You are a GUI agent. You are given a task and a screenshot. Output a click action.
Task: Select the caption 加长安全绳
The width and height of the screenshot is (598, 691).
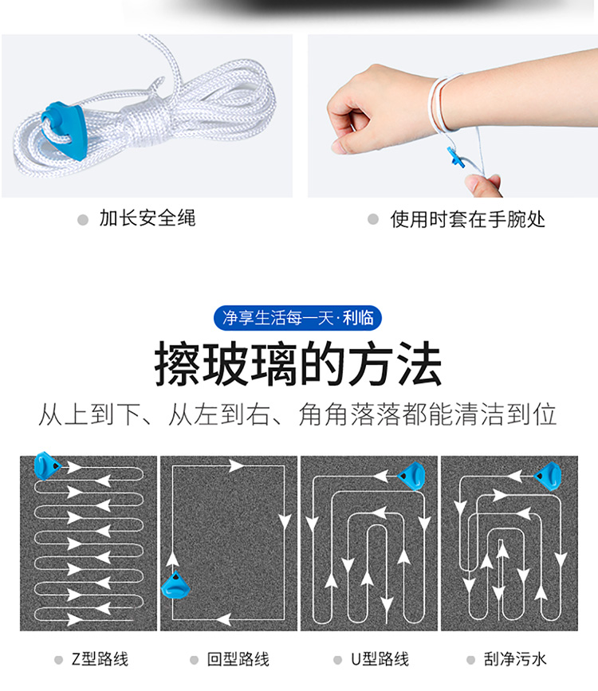(148, 218)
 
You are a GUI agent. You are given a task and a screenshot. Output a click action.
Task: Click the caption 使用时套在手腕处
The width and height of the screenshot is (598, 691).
(467, 219)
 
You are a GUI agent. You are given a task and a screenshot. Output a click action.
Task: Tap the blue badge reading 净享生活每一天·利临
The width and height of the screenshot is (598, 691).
(297, 318)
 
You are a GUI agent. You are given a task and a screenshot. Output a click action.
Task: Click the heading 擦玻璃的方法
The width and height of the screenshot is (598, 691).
(297, 364)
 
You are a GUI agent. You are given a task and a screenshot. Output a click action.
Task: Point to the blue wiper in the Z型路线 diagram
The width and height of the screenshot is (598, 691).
(47, 465)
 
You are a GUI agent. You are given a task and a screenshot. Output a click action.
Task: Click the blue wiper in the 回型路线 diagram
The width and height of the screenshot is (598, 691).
(175, 585)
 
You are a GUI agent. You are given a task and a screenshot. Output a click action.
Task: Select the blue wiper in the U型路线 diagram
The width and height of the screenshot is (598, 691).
(412, 476)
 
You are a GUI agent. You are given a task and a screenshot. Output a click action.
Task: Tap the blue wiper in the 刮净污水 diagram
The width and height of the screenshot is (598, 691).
(549, 476)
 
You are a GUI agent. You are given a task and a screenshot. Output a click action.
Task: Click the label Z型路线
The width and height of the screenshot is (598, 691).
(100, 659)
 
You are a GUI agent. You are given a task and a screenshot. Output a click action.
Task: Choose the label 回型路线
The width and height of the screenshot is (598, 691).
(238, 659)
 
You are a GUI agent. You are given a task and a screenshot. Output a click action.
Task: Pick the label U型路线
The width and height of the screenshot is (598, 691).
(380, 659)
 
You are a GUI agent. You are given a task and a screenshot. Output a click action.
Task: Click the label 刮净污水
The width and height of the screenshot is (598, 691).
(515, 659)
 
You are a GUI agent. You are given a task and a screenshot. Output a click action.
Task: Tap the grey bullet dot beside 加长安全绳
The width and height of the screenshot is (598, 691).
(82, 219)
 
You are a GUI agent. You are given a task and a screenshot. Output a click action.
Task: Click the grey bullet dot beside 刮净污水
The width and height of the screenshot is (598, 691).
(470, 660)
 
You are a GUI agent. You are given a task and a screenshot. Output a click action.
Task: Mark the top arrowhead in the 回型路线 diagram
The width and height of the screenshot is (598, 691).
(236, 465)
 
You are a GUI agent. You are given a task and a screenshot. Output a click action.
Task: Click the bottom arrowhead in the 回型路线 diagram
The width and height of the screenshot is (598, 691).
(223, 618)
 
